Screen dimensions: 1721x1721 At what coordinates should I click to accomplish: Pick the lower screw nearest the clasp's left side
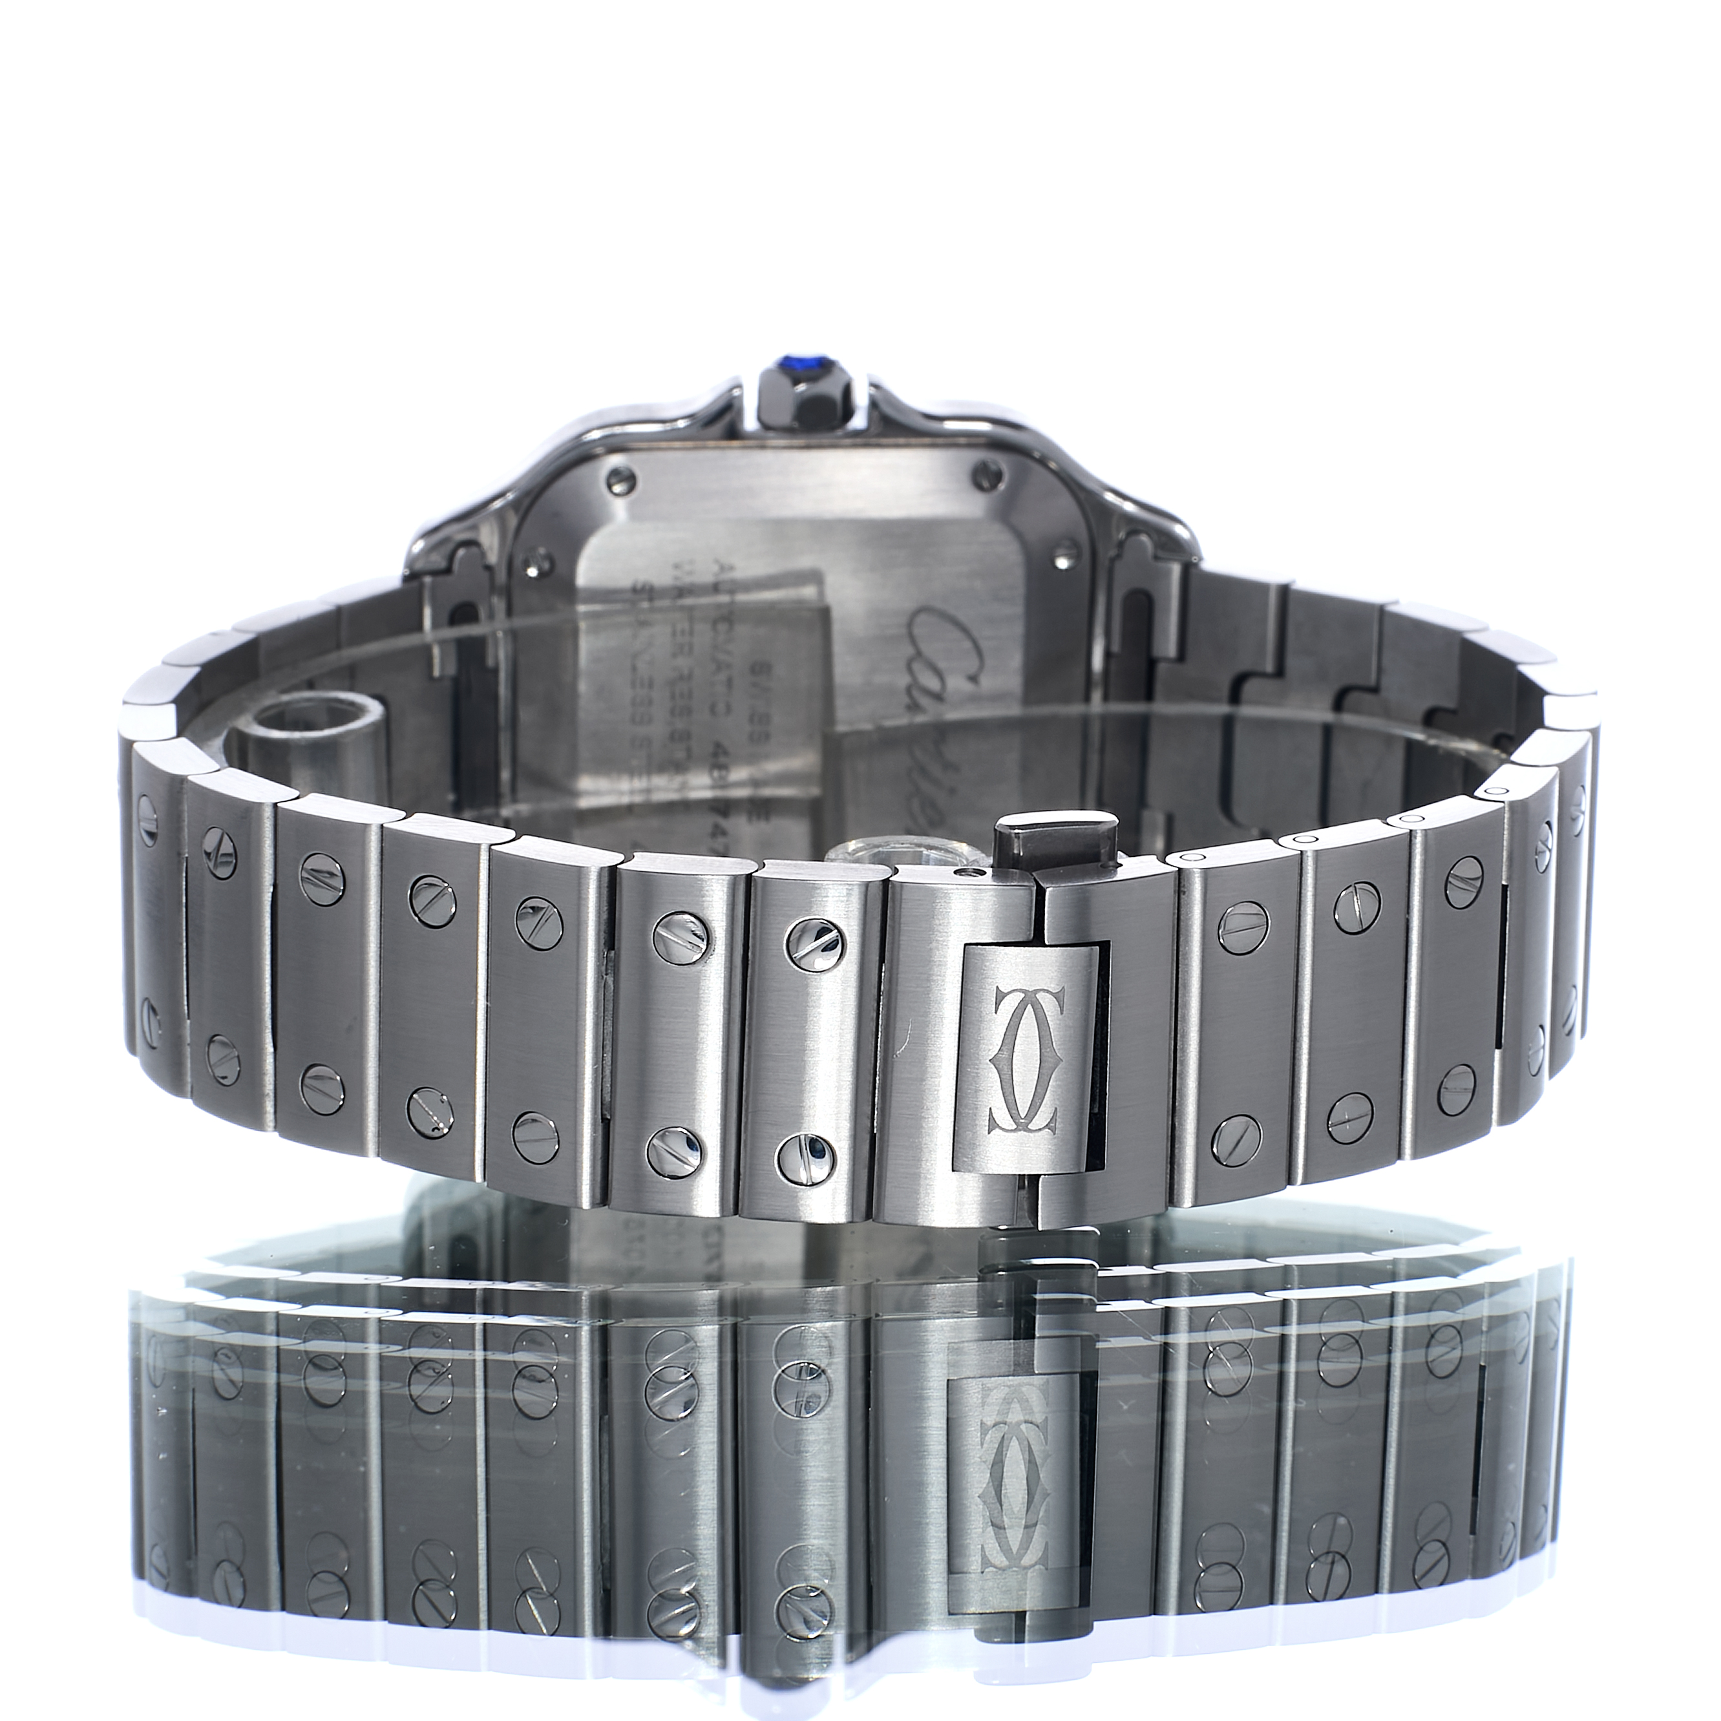click(797, 1156)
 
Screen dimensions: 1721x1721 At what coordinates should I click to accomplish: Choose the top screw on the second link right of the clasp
click(1355, 902)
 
